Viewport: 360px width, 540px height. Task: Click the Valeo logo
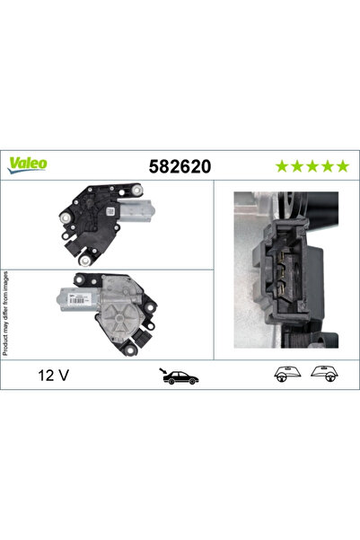click(x=29, y=164)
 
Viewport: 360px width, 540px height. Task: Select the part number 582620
click(x=175, y=165)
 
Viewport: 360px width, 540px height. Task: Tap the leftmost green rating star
click(x=282, y=165)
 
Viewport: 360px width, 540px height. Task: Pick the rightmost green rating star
click(x=342, y=165)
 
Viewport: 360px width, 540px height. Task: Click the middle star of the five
click(x=312, y=165)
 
